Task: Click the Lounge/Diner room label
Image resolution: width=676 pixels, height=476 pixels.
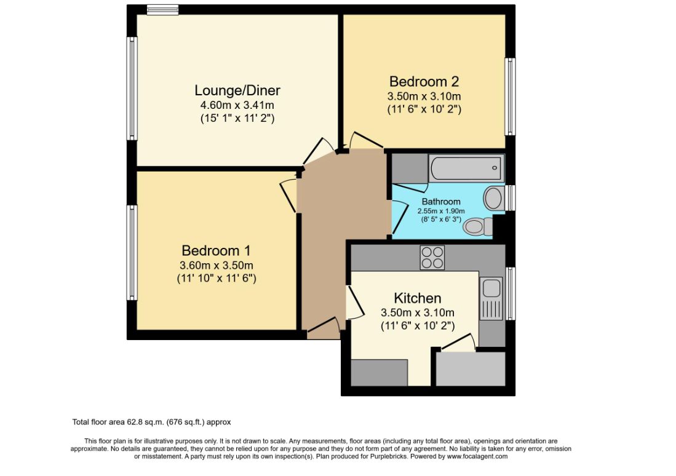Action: [237, 90]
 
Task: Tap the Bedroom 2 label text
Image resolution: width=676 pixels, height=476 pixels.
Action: [424, 81]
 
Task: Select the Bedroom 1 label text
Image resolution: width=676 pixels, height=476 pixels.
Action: [216, 251]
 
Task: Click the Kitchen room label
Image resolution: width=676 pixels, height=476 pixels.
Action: [417, 298]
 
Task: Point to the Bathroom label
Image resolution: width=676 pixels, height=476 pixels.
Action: [441, 202]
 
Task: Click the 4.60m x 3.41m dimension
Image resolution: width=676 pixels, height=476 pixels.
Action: [237, 105]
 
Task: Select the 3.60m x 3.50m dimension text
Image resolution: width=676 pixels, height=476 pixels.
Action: [216, 265]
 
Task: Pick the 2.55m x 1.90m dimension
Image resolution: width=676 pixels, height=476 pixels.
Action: [441, 211]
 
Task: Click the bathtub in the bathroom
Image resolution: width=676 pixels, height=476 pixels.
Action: [466, 167]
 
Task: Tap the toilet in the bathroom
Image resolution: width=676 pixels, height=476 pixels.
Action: [477, 227]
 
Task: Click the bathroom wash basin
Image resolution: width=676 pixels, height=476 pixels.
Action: [493, 198]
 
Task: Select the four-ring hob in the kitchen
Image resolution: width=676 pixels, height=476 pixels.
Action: [432, 257]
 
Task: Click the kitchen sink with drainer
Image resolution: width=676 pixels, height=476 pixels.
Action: [491, 298]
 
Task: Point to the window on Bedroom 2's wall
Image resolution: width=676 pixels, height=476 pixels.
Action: [510, 96]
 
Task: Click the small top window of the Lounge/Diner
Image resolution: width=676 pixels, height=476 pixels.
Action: [162, 9]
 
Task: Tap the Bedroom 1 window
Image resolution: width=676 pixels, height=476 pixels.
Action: [132, 252]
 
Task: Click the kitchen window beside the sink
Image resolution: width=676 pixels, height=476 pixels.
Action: [510, 293]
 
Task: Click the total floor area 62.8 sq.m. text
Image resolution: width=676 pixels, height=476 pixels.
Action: [151, 422]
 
